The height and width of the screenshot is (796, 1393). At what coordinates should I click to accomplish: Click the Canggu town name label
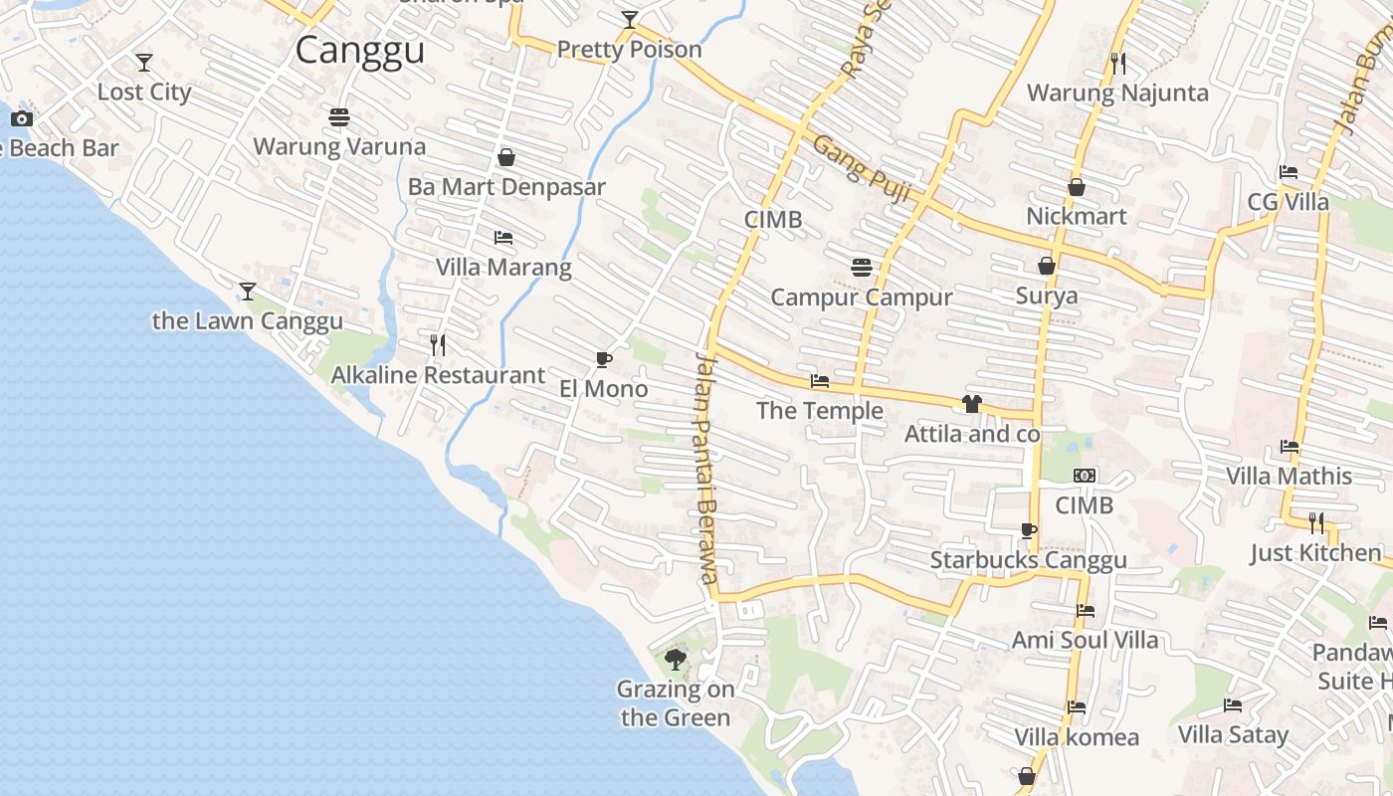point(360,50)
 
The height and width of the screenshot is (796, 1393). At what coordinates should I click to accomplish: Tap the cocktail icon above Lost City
point(144,63)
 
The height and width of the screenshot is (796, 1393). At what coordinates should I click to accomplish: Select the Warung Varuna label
point(339,146)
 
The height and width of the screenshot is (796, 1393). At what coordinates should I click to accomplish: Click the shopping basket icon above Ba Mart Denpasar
point(506,157)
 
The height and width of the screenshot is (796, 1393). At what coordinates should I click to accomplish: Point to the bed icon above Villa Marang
point(503,238)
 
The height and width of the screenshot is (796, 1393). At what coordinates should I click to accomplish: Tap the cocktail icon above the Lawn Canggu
point(248,292)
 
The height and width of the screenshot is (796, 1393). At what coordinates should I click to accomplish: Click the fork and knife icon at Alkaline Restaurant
point(438,345)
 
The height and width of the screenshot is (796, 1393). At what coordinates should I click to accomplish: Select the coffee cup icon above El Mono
point(603,359)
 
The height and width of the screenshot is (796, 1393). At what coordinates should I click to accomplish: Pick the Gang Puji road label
point(862,170)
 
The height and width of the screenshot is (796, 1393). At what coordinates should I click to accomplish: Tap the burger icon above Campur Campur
point(862,267)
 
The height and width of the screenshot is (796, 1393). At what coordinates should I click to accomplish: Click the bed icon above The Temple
point(820,381)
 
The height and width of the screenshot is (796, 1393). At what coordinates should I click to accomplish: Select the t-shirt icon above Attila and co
point(972,404)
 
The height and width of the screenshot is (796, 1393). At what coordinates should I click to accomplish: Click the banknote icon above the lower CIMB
point(1085,476)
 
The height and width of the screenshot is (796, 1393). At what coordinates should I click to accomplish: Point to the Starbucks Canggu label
point(1028,560)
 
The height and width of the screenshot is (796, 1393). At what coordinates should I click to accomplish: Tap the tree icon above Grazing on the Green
point(676,659)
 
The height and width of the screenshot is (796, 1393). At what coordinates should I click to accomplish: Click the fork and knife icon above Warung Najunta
point(1118,64)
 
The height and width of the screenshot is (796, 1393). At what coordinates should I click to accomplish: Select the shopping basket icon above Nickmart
point(1077,187)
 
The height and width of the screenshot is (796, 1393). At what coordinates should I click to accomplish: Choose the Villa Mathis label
point(1289,476)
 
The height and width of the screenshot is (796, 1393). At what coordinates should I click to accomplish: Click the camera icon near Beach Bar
point(22,119)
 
